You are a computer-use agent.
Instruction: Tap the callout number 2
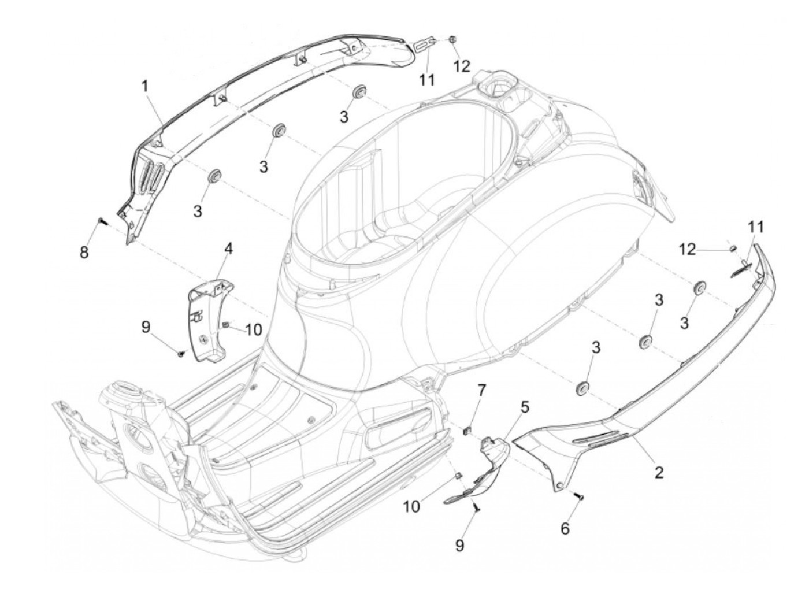click(658, 472)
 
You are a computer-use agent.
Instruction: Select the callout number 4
click(228, 249)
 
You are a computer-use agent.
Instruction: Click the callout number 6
click(565, 528)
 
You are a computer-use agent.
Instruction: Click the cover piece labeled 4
click(208, 318)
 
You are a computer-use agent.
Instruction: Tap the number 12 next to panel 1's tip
click(462, 66)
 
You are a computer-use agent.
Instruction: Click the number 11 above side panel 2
click(755, 227)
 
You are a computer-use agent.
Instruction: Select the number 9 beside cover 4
click(146, 327)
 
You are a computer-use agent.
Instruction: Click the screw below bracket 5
click(476, 507)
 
